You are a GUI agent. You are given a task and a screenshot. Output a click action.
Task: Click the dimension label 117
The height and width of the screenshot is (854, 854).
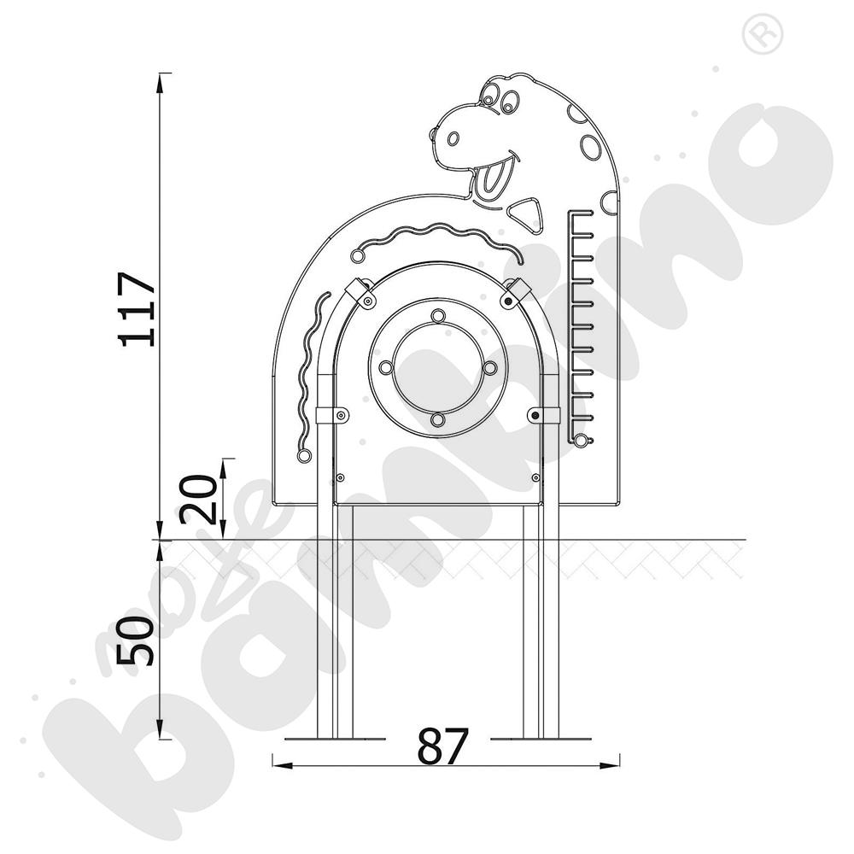point(137,309)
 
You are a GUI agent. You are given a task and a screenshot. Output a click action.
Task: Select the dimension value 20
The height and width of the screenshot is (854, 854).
point(198,499)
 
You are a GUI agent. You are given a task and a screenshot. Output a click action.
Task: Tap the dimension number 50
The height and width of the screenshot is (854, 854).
point(136,641)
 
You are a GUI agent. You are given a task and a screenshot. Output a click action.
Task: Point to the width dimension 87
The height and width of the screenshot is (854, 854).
point(442,746)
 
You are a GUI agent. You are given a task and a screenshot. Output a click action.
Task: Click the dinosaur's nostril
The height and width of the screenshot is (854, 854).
point(453,139)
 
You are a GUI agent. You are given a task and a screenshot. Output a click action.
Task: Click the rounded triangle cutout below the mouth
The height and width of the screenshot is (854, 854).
point(526,213)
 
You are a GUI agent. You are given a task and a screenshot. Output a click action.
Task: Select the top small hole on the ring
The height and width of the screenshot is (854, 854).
point(438,316)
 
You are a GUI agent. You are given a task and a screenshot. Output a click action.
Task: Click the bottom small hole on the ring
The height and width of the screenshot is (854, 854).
point(437,420)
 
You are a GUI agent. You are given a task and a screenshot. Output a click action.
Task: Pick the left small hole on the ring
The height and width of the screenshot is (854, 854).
point(386,367)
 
